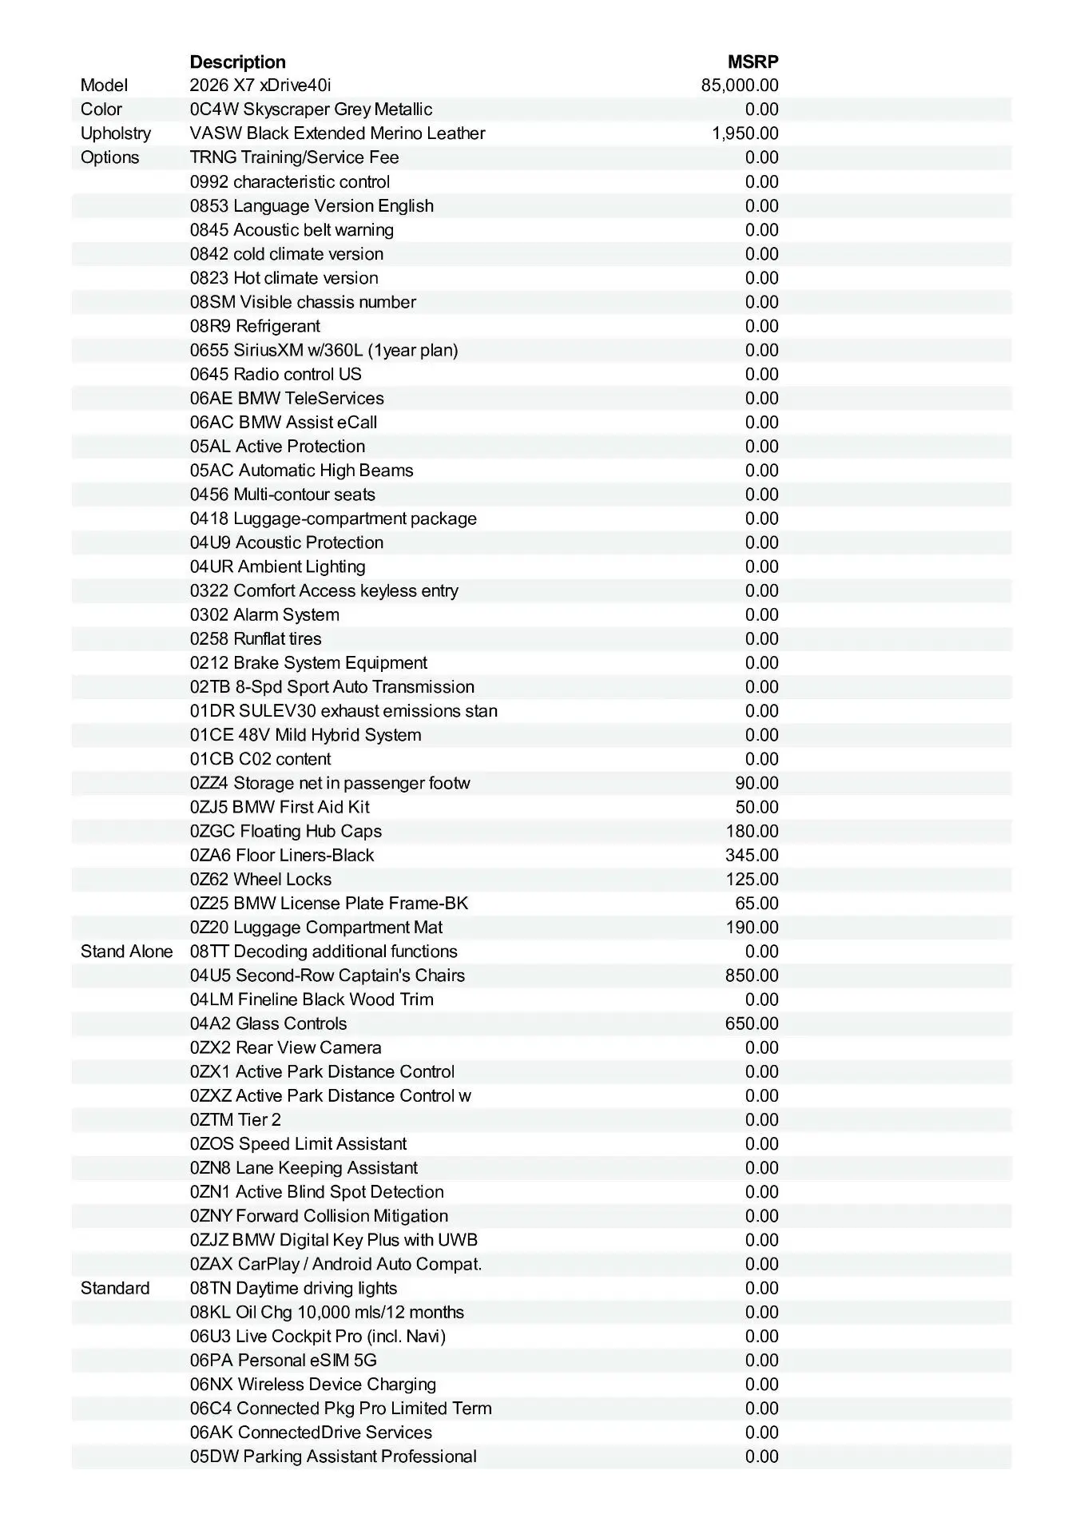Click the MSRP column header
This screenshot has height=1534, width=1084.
pyautogui.click(x=752, y=62)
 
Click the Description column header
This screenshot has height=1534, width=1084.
pyautogui.click(x=237, y=62)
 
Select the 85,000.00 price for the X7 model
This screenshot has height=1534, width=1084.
pyautogui.click(x=740, y=85)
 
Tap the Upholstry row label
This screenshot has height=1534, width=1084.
pyautogui.click(x=116, y=133)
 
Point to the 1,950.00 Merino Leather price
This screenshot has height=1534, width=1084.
pyautogui.click(x=745, y=133)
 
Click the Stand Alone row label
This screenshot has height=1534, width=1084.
pyautogui.click(x=126, y=952)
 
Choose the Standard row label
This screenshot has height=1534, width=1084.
pyautogui.click(x=115, y=1288)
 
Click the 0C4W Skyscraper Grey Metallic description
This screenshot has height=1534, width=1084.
pyautogui.click(x=311, y=109)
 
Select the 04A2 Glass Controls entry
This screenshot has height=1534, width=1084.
pyautogui.click(x=268, y=1023)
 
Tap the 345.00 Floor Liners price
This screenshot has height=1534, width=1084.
pyautogui.click(x=752, y=855)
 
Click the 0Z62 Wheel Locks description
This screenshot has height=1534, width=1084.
pyautogui.click(x=260, y=879)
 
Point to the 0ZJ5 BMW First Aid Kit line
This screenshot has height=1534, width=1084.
pyautogui.click(x=280, y=807)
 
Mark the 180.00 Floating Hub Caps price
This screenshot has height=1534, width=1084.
pyautogui.click(x=752, y=831)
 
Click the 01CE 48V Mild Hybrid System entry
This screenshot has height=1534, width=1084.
pyautogui.click(x=305, y=735)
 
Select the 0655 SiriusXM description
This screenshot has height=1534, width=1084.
pyautogui.click(x=324, y=350)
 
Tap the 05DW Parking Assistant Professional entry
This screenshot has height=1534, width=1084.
pyautogui.click(x=333, y=1457)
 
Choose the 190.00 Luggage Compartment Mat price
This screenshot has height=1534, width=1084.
pyautogui.click(x=752, y=928)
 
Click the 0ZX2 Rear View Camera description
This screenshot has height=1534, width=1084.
pyautogui.click(x=285, y=1047)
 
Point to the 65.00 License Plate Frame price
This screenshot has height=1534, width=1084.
pyautogui.click(x=756, y=904)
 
